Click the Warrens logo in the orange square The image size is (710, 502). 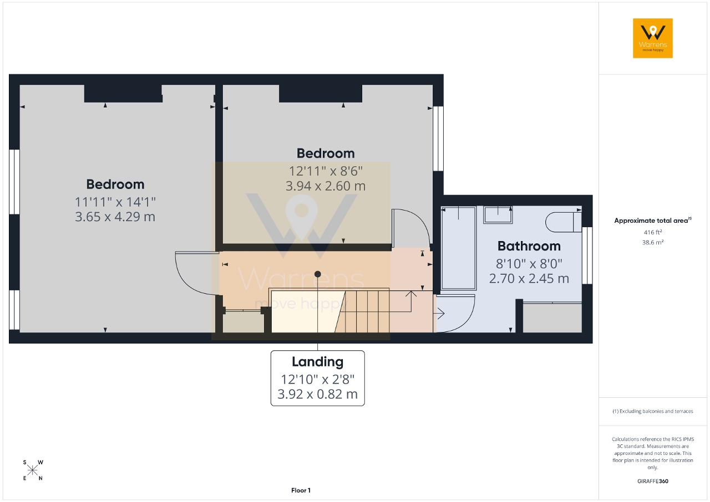coord(653,38)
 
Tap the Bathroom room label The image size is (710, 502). coord(529,246)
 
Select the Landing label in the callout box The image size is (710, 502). coord(318,362)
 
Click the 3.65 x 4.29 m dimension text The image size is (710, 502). coord(115,217)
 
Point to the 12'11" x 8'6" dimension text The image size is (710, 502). coord(326,171)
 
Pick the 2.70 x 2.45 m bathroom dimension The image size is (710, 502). coord(529,279)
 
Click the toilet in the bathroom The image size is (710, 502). coord(564,222)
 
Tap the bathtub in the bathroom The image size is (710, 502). coord(459,248)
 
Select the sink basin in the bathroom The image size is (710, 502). coord(498,214)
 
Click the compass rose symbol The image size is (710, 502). coord(32,470)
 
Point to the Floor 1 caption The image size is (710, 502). coord(301,490)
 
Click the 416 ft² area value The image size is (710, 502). coord(653,232)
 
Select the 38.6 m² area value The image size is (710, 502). coord(653,242)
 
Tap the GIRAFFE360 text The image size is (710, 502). coord(653,481)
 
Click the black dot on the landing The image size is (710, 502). coord(318,274)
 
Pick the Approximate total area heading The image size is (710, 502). coord(653,221)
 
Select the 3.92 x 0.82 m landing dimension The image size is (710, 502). coord(318,395)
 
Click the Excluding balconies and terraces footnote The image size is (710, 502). coord(653,411)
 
